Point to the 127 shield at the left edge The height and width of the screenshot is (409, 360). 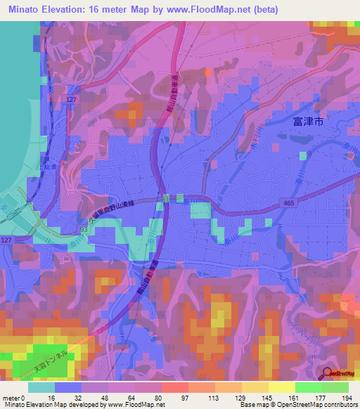coord(6,240)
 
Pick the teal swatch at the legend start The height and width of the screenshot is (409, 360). coord(41,387)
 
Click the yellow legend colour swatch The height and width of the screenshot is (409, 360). coord(281,387)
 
